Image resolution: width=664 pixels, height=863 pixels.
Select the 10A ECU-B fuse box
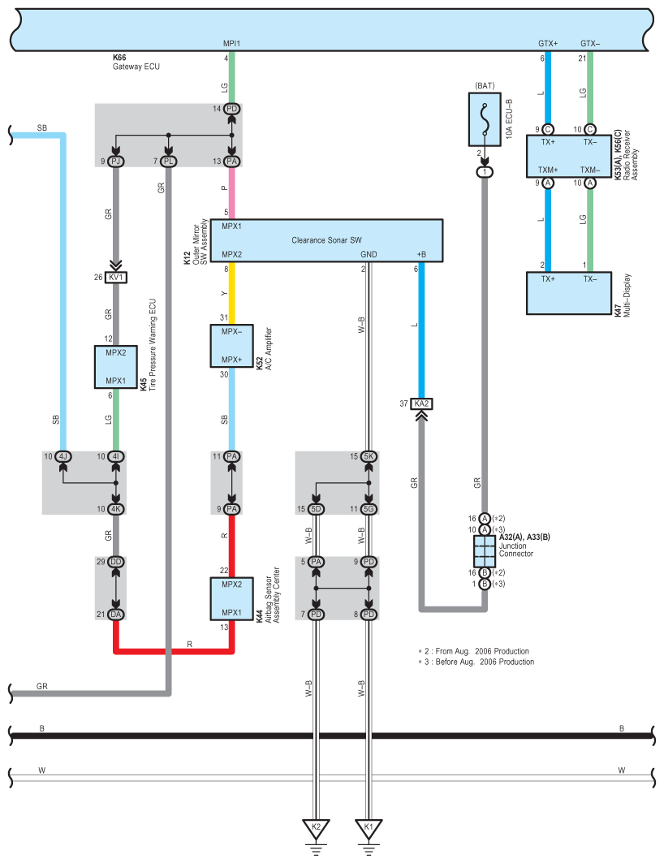pyautogui.click(x=485, y=119)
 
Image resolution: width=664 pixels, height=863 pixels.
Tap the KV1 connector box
pyautogui.click(x=116, y=278)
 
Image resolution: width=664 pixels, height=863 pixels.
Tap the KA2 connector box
pyautogui.click(x=421, y=404)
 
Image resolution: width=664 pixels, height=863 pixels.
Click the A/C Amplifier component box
pyautogui.click(x=231, y=346)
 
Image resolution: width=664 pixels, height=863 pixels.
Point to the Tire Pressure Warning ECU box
pyautogui.click(x=115, y=367)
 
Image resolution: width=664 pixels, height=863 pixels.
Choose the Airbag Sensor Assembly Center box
pyautogui.click(x=231, y=599)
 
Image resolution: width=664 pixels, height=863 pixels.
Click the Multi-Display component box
pyautogui.click(x=569, y=293)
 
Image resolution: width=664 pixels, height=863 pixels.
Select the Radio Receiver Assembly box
pyautogui.click(x=569, y=157)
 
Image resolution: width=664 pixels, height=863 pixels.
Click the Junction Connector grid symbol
pyautogui.click(x=485, y=551)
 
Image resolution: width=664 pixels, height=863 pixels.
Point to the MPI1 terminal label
pyautogui.click(x=231, y=44)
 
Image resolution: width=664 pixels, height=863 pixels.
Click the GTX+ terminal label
pyautogui.click(x=548, y=44)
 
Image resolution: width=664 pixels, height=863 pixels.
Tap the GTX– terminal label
pyautogui.click(x=590, y=44)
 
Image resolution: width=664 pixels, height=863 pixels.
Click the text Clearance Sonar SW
pyautogui.click(x=327, y=240)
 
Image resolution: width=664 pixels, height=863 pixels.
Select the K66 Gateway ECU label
pyautogui.click(x=136, y=62)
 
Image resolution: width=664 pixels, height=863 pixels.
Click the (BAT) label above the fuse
pyautogui.click(x=485, y=86)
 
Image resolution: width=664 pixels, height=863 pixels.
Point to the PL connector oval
pyautogui.click(x=168, y=162)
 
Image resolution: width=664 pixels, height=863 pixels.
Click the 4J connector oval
pyautogui.click(x=63, y=456)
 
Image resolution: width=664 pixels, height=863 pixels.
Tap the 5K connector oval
pyautogui.click(x=369, y=456)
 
